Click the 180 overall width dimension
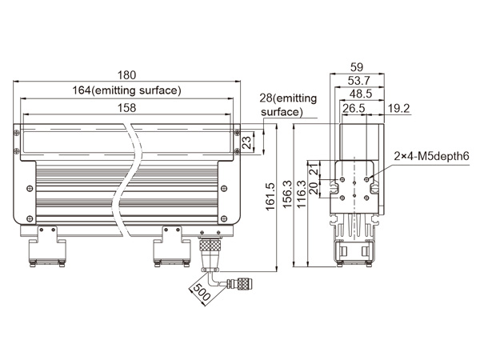(x=126, y=75)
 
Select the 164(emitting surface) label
(x=126, y=90)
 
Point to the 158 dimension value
(x=126, y=108)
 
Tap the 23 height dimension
(x=246, y=142)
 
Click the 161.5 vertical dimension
(x=270, y=197)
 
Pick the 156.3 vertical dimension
(x=287, y=194)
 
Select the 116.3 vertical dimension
(x=302, y=194)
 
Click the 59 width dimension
(x=357, y=67)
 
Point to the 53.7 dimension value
(x=358, y=81)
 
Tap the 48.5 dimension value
(x=361, y=94)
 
